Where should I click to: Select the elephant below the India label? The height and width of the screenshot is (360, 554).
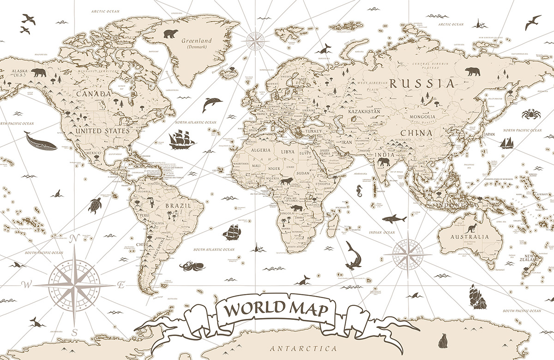pyautogui.click(x=384, y=162)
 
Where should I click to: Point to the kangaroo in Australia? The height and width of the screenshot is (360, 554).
pyautogui.click(x=471, y=228)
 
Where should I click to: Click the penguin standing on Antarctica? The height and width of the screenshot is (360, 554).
pyautogui.click(x=443, y=341)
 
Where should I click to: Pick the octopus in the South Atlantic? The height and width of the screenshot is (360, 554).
pyautogui.click(x=189, y=266)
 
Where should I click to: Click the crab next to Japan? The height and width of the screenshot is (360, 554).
pyautogui.click(x=529, y=114)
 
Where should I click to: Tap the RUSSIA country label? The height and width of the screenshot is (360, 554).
pyautogui.click(x=421, y=84)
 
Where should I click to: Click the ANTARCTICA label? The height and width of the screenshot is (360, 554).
pyautogui.click(x=303, y=348)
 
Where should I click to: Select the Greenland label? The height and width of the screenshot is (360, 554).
pyautogui.click(x=196, y=41)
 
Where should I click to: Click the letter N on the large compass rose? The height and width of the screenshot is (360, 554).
pyautogui.click(x=72, y=239)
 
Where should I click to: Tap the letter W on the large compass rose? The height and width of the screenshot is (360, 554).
pyautogui.click(x=26, y=285)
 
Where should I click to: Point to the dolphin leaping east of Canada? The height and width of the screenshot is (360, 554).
pyautogui.click(x=211, y=104)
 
